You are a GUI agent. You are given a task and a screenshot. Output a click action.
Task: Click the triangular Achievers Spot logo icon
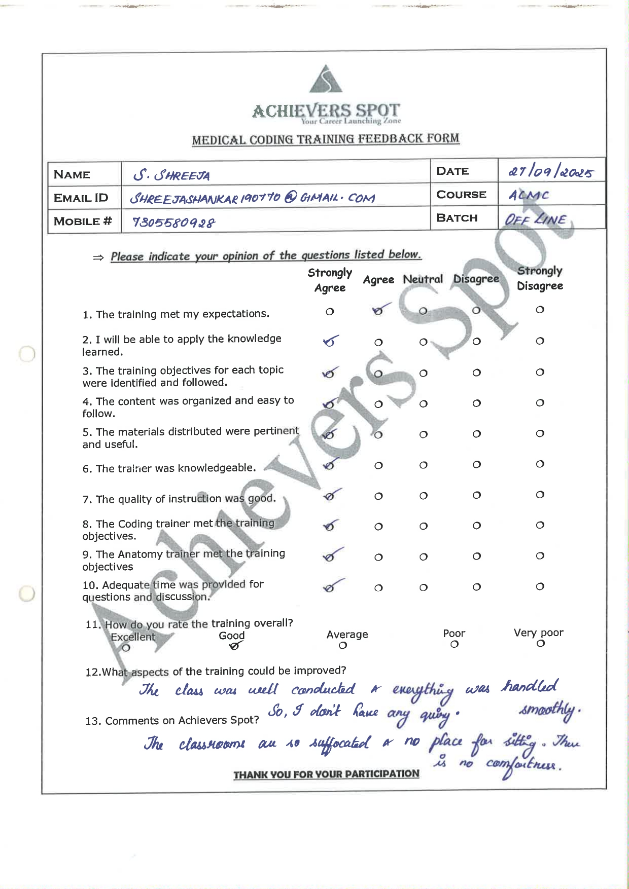[326, 80]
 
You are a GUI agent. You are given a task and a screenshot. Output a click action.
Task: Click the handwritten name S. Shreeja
[171, 175]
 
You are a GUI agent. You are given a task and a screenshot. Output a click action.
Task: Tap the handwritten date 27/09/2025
[550, 172]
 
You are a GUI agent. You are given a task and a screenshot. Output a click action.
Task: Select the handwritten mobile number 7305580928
[173, 223]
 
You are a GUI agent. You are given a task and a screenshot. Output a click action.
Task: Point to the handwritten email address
[252, 198]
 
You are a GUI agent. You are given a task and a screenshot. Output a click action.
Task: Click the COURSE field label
[461, 195]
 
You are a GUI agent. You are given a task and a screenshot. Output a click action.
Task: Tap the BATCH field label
[457, 218]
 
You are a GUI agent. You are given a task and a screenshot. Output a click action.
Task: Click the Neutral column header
[423, 279]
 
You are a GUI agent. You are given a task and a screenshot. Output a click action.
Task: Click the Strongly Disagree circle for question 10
[540, 587]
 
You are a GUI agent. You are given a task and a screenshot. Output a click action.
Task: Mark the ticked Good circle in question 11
[234, 646]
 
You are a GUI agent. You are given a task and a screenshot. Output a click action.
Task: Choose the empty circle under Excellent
[126, 648]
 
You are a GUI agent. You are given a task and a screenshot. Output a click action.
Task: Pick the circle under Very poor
[541, 644]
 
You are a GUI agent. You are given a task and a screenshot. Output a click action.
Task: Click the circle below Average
[343, 646]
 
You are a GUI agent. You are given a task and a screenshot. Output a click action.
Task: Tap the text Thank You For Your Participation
[326, 774]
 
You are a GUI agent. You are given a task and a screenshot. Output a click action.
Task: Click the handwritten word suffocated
[340, 744]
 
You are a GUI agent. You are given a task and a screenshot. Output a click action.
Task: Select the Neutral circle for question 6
[423, 465]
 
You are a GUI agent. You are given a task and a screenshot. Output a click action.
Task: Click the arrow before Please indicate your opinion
[98, 257]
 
